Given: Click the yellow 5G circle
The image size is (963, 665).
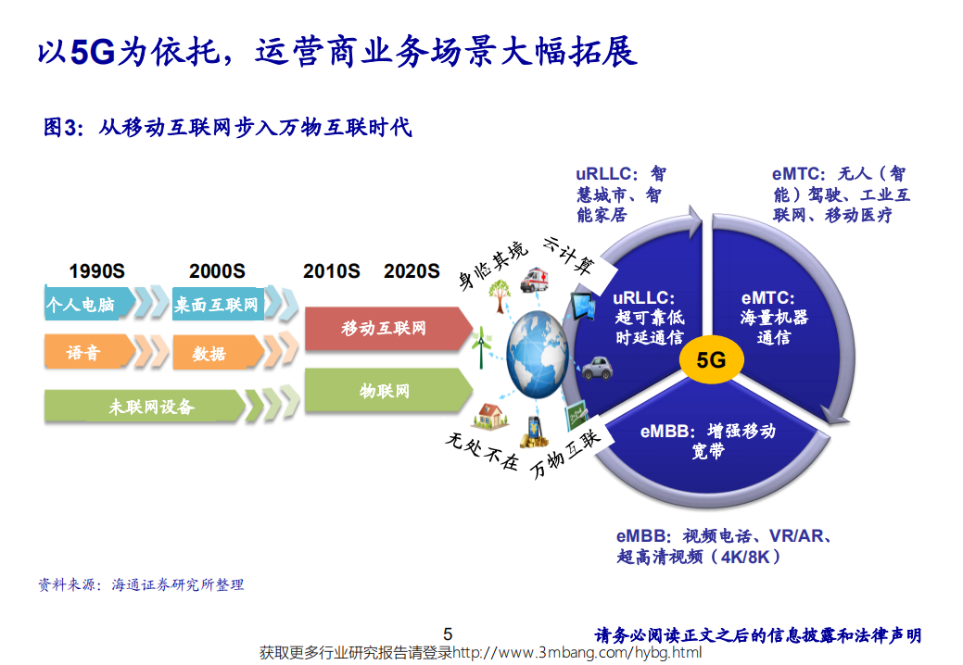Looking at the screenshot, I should click(711, 360).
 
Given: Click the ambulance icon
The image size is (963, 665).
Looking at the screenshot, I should click(534, 280).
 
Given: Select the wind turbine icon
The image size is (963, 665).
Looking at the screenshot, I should click(480, 348).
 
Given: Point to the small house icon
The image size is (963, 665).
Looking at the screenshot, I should click(488, 414).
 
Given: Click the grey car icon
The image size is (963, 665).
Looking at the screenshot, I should click(592, 371).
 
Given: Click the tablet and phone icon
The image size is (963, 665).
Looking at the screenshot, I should click(584, 305).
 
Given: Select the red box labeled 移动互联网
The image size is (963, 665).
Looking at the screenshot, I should click(388, 329).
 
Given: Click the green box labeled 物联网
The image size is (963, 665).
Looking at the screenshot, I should click(388, 391).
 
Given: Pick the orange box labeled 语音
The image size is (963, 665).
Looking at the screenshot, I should click(83, 353).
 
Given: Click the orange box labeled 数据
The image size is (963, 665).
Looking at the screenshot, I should click(209, 353).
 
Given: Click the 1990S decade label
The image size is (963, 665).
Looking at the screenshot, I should click(96, 271).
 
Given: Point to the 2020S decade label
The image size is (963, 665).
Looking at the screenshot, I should click(412, 271).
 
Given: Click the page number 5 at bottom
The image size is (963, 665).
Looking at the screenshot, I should click(448, 634).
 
